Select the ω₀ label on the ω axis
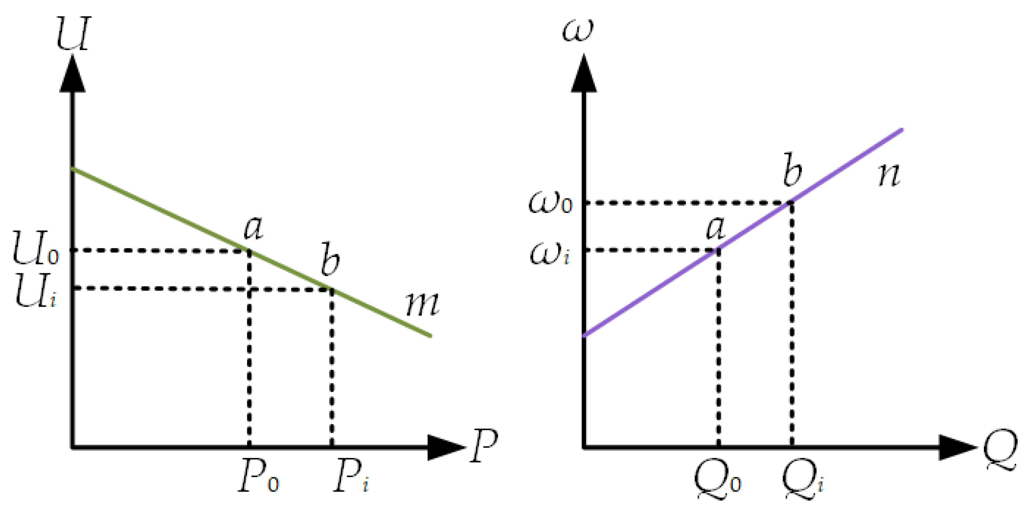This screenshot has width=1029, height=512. coord(550,203)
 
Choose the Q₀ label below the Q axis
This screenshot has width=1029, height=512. coord(717,481)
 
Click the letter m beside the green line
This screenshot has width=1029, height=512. coord(423,304)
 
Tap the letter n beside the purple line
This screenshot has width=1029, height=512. coord(889,176)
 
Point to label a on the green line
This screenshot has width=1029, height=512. coord(253,229)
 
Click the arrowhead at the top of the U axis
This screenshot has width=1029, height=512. coord(72,74)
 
